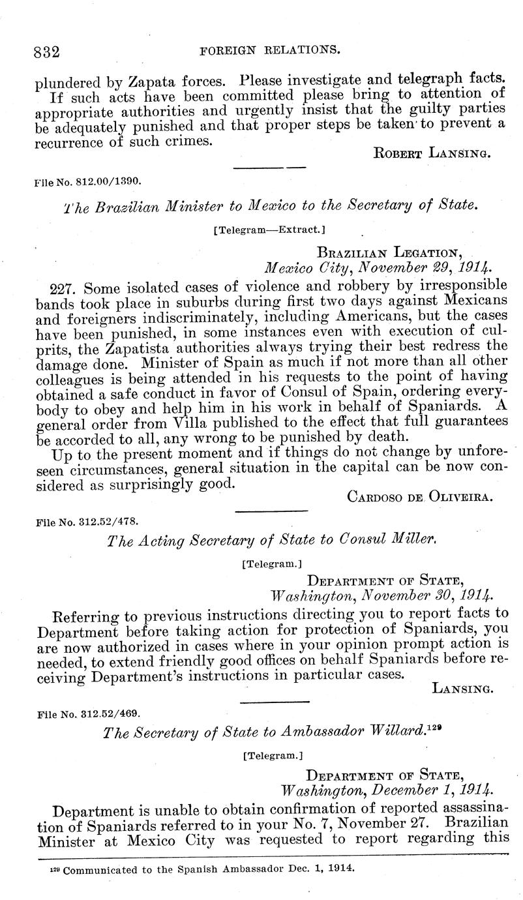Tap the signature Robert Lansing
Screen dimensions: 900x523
tap(432, 153)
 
